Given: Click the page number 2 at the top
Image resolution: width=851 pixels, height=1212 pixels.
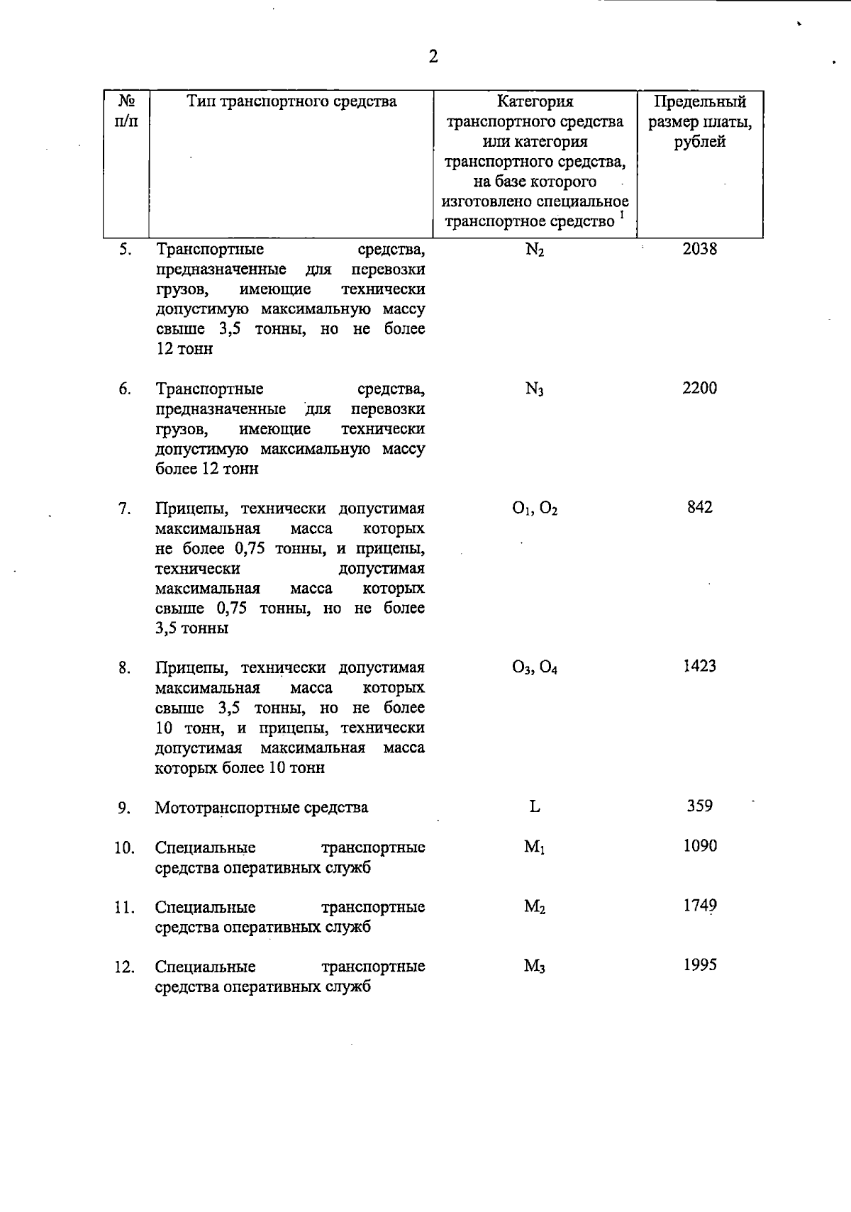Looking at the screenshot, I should click(x=433, y=57).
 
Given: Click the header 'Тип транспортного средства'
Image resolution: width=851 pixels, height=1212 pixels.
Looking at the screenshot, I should click(x=291, y=101).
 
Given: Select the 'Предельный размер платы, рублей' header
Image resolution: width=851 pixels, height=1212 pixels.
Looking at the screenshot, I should click(x=700, y=121).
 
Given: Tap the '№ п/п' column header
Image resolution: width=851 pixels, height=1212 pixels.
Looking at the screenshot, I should click(x=126, y=111).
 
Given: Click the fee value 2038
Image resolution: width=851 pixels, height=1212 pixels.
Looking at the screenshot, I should click(x=699, y=249).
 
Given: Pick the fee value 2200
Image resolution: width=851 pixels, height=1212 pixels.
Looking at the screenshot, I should click(x=699, y=388).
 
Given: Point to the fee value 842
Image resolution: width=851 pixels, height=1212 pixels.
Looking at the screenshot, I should click(x=699, y=507).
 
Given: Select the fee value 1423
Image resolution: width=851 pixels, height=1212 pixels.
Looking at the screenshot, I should click(x=699, y=666).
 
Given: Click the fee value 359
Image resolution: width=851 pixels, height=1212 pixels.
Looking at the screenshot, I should click(x=699, y=806).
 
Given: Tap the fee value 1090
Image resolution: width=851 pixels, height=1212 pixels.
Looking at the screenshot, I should click(x=699, y=846).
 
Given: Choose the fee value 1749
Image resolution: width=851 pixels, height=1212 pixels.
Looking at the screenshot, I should click(x=699, y=906).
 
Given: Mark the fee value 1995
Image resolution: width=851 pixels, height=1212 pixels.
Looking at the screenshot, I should click(x=699, y=965).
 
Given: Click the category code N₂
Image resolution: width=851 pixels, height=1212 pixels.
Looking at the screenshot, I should click(x=535, y=250).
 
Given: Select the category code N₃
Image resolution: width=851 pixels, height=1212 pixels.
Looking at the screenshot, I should click(x=535, y=389).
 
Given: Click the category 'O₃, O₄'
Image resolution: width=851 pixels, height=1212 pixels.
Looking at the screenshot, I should click(x=535, y=668).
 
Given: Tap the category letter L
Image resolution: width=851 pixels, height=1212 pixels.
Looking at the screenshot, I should click(x=535, y=806).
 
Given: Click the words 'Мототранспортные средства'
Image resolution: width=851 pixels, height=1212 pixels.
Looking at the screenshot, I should click(x=262, y=808).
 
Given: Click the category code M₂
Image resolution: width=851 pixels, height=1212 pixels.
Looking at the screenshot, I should click(x=535, y=907).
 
